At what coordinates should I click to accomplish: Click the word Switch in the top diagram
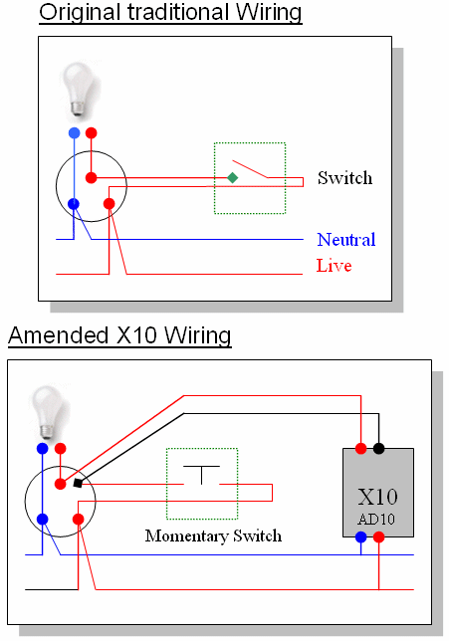pos(344,178)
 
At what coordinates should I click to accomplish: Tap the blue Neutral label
pos(345,240)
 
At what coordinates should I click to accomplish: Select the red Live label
pos(334,266)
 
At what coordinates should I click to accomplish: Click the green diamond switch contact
pos(232,177)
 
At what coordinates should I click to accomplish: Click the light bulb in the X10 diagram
pos(48,412)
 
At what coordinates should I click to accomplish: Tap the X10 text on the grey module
pos(377,497)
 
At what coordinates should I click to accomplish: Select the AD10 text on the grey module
pos(376,520)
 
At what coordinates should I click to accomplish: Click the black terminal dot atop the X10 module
pos(378,449)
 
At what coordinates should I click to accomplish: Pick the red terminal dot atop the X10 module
pos(360,449)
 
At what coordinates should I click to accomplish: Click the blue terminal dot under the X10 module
pos(360,536)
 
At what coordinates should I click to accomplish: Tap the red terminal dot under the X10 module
pos(378,536)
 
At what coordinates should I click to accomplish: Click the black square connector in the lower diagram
pos(78,483)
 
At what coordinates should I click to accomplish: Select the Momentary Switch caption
pos(213,535)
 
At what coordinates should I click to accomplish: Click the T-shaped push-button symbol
pos(201,475)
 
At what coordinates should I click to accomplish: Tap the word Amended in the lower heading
pos(59,335)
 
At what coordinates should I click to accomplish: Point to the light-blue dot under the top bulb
pos(74,132)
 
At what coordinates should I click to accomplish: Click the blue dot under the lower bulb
pos(43,449)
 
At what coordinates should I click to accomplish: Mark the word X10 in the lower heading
pos(136,335)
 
